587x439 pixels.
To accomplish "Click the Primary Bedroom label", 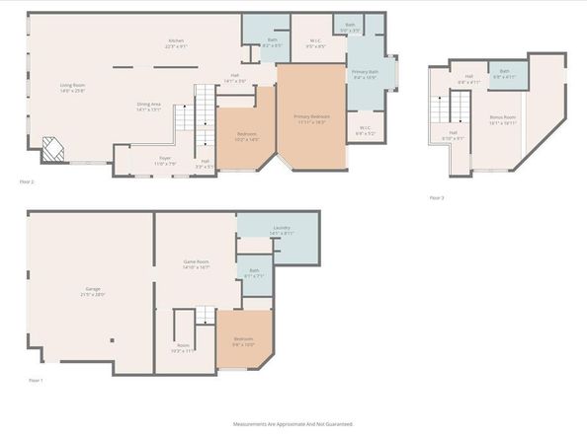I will (311, 118).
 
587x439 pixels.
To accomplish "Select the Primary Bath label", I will (365, 75).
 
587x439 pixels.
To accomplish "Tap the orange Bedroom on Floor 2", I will (246, 137).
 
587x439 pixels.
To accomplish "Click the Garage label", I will (93, 292).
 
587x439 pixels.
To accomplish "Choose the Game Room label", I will (197, 264).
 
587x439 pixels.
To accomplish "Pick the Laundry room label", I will (281, 231).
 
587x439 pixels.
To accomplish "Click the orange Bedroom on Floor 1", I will (243, 341).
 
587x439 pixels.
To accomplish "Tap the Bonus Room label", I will (503, 118).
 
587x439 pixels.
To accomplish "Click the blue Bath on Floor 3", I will (504, 73).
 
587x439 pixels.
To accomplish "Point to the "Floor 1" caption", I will (35, 380).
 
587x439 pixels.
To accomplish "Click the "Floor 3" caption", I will (436, 197).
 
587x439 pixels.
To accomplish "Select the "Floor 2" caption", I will (27, 183).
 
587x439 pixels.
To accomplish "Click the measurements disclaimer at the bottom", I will (293, 423).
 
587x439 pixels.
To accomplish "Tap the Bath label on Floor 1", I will (253, 272).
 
